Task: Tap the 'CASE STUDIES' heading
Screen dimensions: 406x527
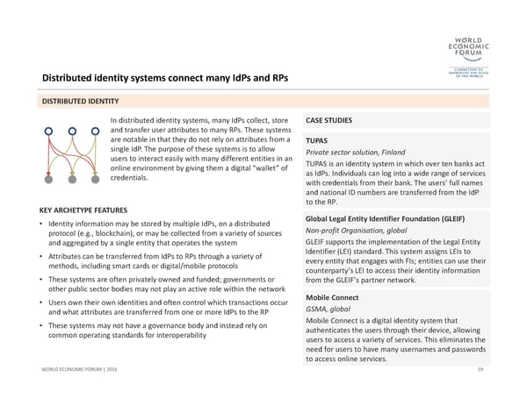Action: pyautogui.click(x=329, y=121)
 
